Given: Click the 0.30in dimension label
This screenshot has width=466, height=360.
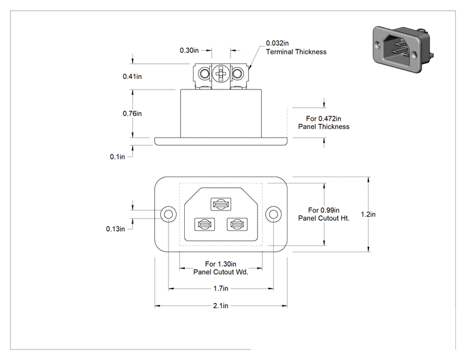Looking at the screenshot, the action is [x=189, y=50].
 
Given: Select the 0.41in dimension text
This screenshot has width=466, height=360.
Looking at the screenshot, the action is [x=132, y=76].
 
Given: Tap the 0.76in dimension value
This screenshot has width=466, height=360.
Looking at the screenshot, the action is [x=132, y=113].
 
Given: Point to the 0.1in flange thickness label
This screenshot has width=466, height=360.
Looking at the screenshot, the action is [x=117, y=157].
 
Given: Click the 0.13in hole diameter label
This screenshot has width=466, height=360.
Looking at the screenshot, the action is [x=115, y=229].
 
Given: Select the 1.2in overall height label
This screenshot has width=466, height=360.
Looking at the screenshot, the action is [x=368, y=214].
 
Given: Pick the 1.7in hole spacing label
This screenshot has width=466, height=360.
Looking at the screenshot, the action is [x=221, y=289].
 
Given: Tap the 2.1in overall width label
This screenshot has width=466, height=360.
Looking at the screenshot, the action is [x=220, y=306].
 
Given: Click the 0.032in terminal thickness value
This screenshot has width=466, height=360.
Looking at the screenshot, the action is [x=277, y=43].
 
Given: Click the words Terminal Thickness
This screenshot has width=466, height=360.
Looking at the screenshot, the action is [x=296, y=52].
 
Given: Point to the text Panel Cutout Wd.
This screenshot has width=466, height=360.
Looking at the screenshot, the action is [x=220, y=272].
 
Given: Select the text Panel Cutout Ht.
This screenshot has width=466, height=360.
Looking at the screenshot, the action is [x=324, y=219].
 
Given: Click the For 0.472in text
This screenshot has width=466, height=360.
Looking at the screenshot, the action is [x=324, y=118].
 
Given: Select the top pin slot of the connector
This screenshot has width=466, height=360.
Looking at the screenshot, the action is [x=221, y=204].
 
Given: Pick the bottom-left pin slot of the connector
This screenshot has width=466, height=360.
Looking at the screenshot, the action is [x=204, y=225].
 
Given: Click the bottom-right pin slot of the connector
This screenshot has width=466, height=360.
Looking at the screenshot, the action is [x=237, y=225].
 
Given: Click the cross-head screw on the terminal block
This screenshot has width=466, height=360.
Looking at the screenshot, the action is [x=221, y=73].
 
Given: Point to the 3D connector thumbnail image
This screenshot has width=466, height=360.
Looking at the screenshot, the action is [x=403, y=49].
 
